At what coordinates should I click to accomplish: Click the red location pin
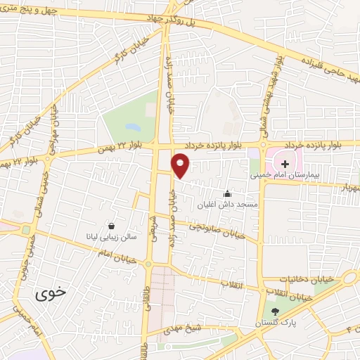pyautogui.click(x=181, y=165)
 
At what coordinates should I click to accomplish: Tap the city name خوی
pyautogui.click(x=51, y=294)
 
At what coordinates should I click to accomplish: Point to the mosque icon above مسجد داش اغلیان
pyautogui.click(x=226, y=193)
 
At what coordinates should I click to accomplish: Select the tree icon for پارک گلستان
pyautogui.click(x=274, y=311)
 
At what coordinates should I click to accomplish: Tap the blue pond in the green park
pyautogui.click(x=131, y=127)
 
